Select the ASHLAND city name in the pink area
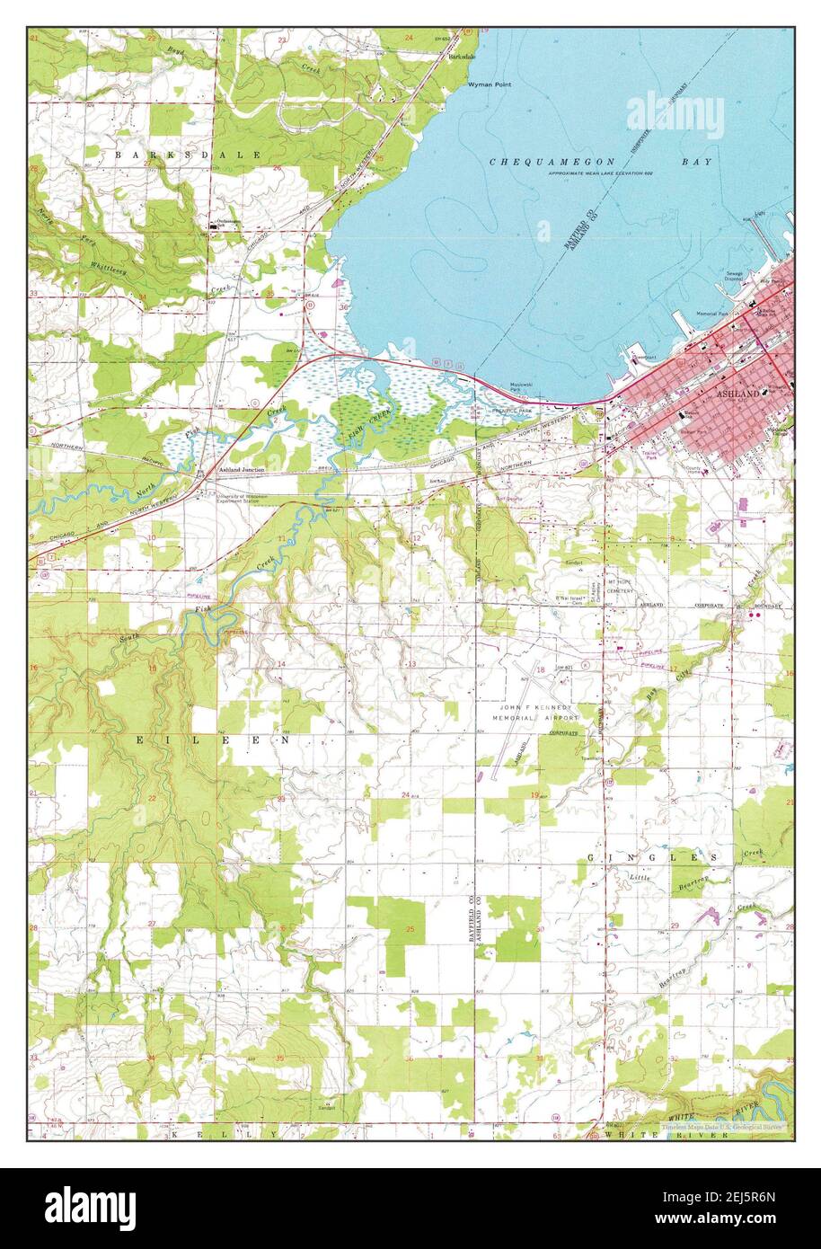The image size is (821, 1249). (737, 393)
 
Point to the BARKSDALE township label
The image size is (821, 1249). (188, 155)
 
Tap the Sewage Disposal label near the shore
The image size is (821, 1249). (735, 276)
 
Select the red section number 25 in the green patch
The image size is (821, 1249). (411, 927)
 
